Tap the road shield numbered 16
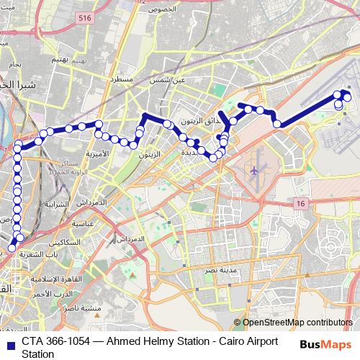tap(300, 204)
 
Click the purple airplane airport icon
tap(254, 171)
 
